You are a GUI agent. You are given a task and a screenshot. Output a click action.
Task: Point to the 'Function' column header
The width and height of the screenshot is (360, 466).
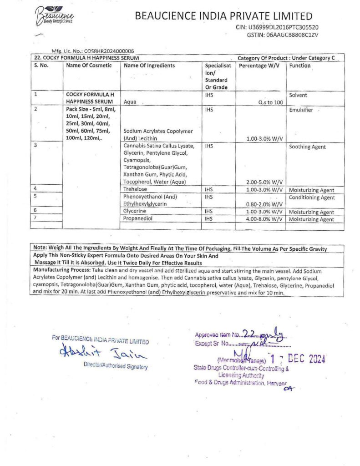point(300,66)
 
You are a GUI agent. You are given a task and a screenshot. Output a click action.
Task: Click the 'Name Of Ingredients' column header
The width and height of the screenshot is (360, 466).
point(149,66)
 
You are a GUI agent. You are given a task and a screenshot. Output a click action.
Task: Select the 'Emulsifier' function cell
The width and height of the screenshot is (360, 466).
point(301,110)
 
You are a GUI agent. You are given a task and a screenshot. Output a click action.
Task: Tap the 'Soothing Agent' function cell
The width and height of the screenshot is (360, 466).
point(307,147)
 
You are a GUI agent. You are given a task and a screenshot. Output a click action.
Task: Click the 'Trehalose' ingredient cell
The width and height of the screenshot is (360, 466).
point(135,189)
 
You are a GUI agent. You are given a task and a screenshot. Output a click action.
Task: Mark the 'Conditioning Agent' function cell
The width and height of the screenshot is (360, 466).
point(312,198)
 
